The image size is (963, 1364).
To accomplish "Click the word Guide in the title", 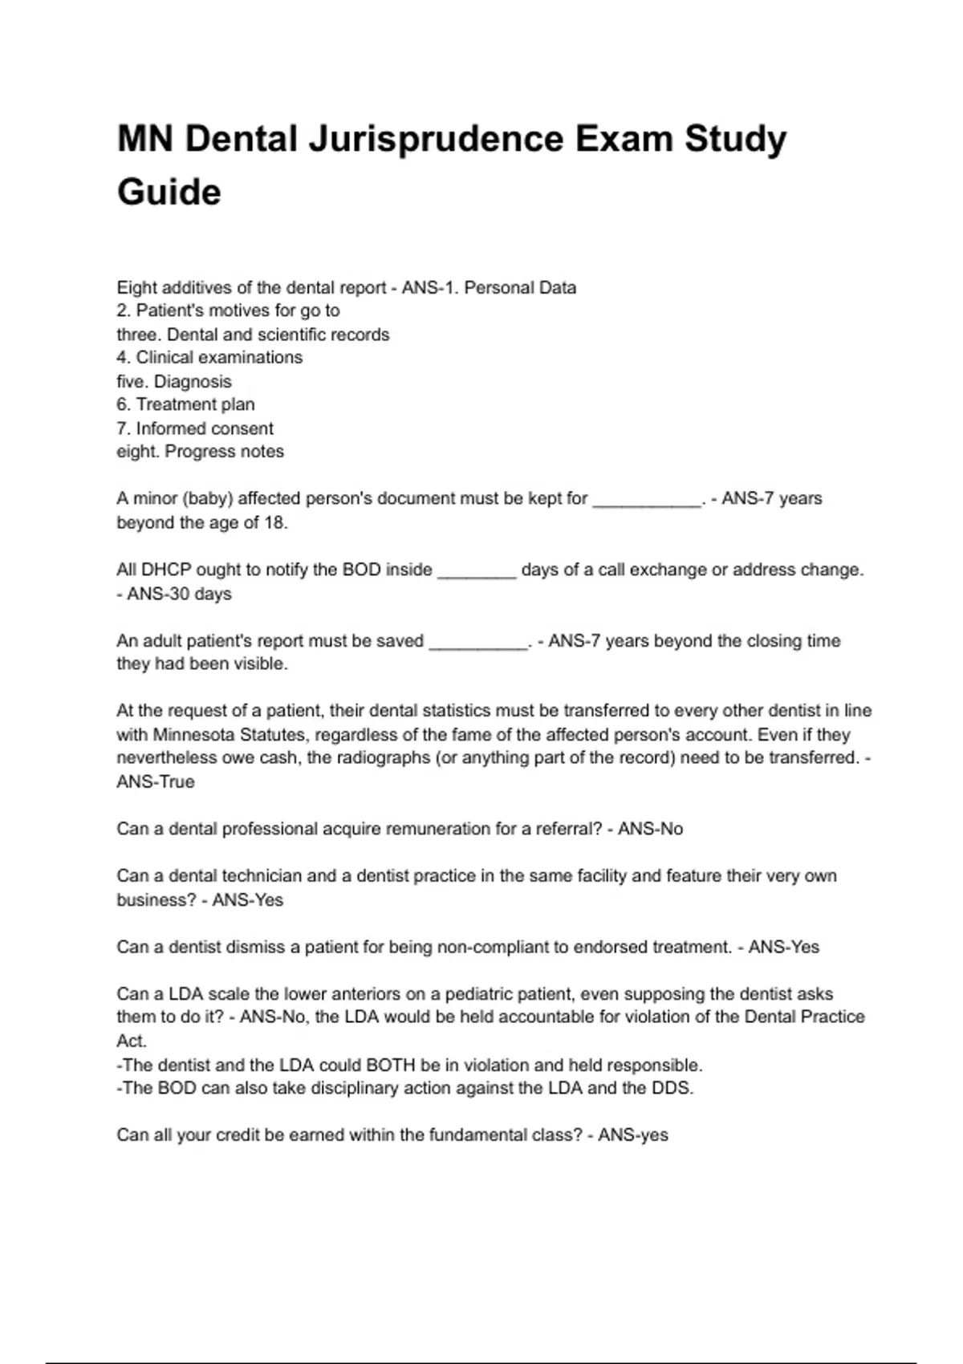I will (x=169, y=193).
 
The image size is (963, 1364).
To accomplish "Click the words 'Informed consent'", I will (x=205, y=428).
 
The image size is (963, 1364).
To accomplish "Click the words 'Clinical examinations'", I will (x=219, y=358).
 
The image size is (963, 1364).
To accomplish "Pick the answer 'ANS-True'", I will (x=156, y=782).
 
